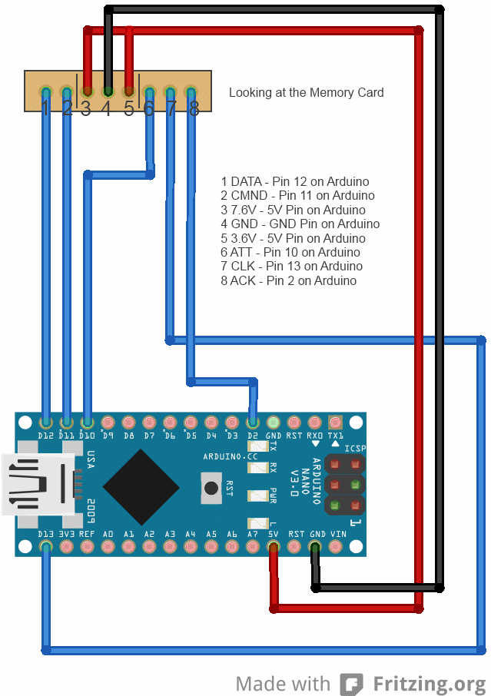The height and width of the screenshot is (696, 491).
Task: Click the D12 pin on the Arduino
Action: click(46, 423)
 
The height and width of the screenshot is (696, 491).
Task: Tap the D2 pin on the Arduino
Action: click(253, 423)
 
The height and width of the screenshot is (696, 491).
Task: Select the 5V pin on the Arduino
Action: click(274, 547)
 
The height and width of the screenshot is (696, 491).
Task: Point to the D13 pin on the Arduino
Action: click(46, 547)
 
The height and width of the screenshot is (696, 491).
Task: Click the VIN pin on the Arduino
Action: click(336, 547)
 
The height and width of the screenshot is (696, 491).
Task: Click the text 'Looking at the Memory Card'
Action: click(306, 93)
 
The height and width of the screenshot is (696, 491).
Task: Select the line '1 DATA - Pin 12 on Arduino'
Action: click(295, 182)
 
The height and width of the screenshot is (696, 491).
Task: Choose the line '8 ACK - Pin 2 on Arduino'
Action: click(289, 280)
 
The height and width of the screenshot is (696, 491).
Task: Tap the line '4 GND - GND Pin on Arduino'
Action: click(300, 224)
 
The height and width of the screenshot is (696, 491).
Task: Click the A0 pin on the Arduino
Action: click(108, 547)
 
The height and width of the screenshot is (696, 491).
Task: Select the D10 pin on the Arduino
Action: click(88, 423)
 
